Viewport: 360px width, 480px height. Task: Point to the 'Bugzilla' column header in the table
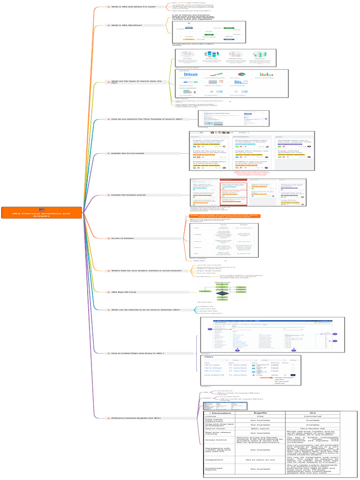(260, 413)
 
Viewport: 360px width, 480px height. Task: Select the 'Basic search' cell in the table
(260, 428)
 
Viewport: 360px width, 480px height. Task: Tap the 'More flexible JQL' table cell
(315, 428)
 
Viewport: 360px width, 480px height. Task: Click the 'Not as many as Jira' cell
(260, 460)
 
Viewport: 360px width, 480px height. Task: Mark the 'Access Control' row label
(216, 440)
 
